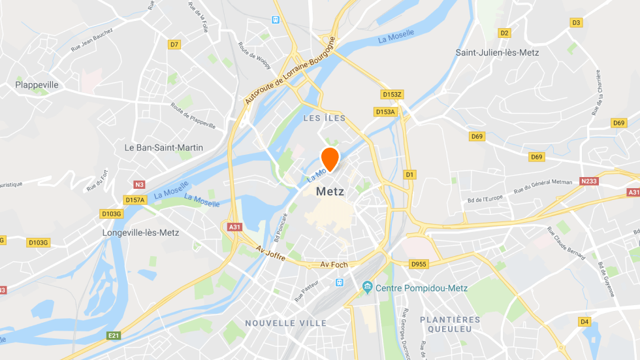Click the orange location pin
[330, 158]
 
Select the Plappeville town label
[37, 85]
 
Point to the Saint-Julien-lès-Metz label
[497, 52]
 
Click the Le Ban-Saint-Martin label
[164, 148]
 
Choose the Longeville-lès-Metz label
[140, 233]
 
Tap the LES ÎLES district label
[325, 118]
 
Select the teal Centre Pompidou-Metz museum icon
[367, 287]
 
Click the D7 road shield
[174, 44]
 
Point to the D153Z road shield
[392, 95]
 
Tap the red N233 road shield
[589, 182]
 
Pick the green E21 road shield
[114, 336]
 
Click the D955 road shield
[418, 264]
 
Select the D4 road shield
[584, 321]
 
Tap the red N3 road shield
[139, 184]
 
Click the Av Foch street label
[334, 265]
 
